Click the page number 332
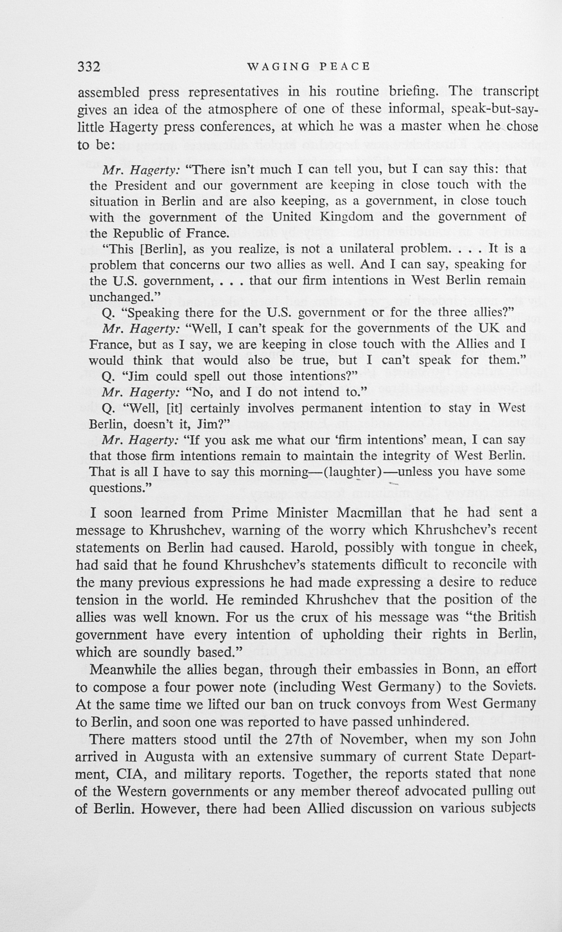click(x=89, y=67)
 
